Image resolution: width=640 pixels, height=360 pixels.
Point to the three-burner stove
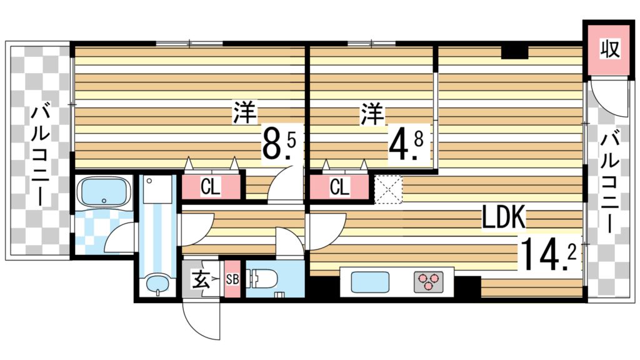(428, 281)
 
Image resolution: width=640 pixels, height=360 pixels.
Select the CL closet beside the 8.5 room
(211, 187)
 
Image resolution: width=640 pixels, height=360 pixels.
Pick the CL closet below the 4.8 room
(339, 187)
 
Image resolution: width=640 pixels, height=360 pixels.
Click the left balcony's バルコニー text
(41, 156)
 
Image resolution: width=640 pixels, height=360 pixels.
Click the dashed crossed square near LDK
(389, 189)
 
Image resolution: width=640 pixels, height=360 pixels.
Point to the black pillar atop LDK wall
(514, 52)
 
